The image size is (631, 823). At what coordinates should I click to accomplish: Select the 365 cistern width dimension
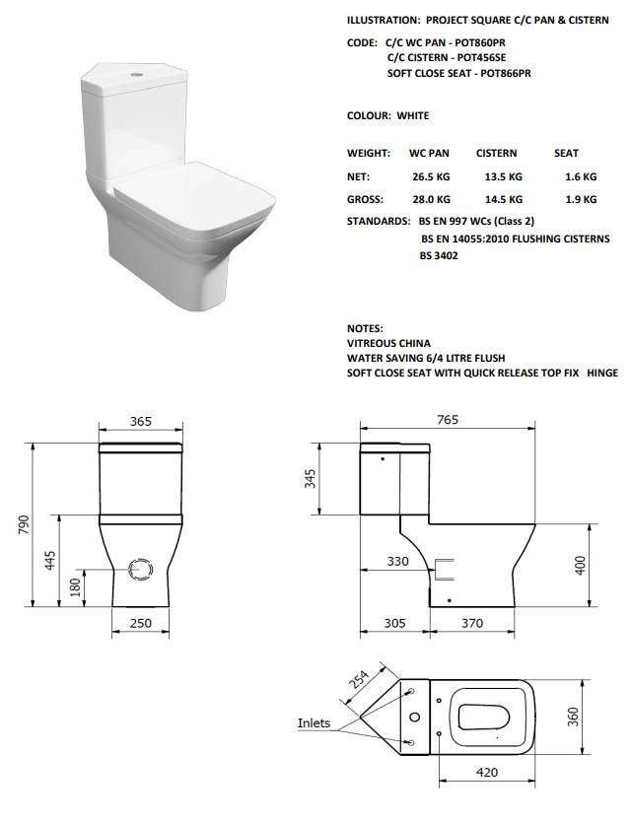coord(141,421)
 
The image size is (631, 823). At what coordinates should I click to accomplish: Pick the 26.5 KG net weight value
coord(431,177)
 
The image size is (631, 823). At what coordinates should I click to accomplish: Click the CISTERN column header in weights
coord(496,153)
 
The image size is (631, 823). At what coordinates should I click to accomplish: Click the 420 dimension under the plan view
coord(486,773)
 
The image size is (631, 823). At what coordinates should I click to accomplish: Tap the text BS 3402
coord(439,255)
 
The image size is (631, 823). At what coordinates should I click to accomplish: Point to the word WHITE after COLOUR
coord(413,115)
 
